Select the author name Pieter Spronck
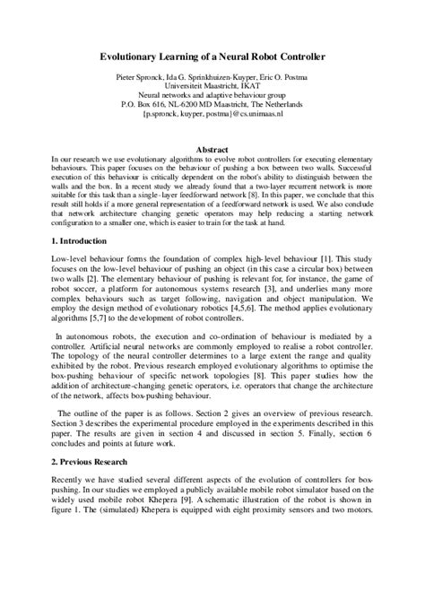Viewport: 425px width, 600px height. click(142, 79)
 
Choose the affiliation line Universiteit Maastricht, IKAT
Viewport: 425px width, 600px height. click(212, 88)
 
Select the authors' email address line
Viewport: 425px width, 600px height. click(212, 115)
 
